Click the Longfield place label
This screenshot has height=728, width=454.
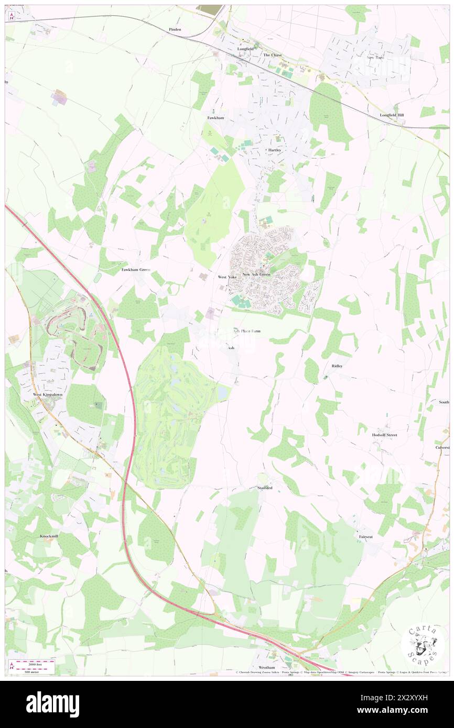tap(245, 49)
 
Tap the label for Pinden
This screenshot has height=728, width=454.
tap(175, 29)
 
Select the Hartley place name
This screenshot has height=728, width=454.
tap(275, 150)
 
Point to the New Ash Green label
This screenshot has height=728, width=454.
tap(256, 274)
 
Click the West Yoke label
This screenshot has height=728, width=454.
tap(227, 277)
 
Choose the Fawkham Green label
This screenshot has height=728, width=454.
tap(136, 270)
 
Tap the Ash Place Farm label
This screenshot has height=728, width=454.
tap(246, 331)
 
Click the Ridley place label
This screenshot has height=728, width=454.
tap(337, 366)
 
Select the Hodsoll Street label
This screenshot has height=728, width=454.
tap(384, 435)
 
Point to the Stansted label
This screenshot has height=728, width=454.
tap(264, 488)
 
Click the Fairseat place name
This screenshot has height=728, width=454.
tap(366, 537)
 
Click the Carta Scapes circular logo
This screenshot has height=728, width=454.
tap(423, 645)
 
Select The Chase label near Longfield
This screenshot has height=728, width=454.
tap(272, 55)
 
